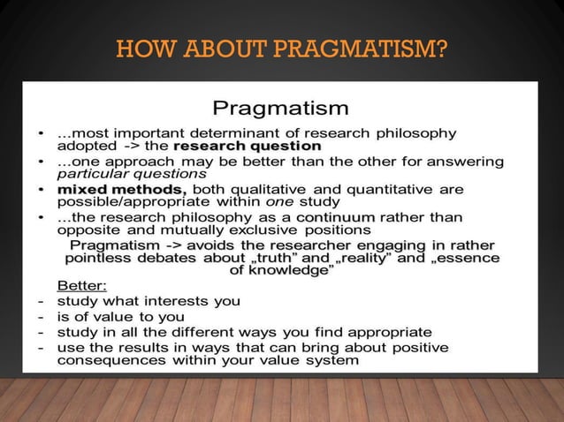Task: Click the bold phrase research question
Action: tap(248, 145)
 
